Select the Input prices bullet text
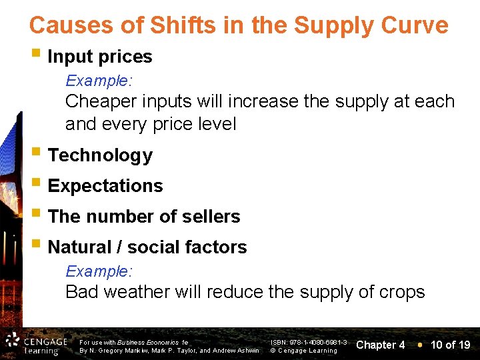tap(100, 57)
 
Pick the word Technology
tap(100, 155)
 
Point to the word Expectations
tap(105, 186)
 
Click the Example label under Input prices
tap(99, 81)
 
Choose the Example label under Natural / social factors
tap(99, 271)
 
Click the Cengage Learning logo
tap(37, 343)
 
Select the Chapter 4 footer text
tap(381, 345)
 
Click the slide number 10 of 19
tap(451, 345)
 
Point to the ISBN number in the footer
tap(309, 341)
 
